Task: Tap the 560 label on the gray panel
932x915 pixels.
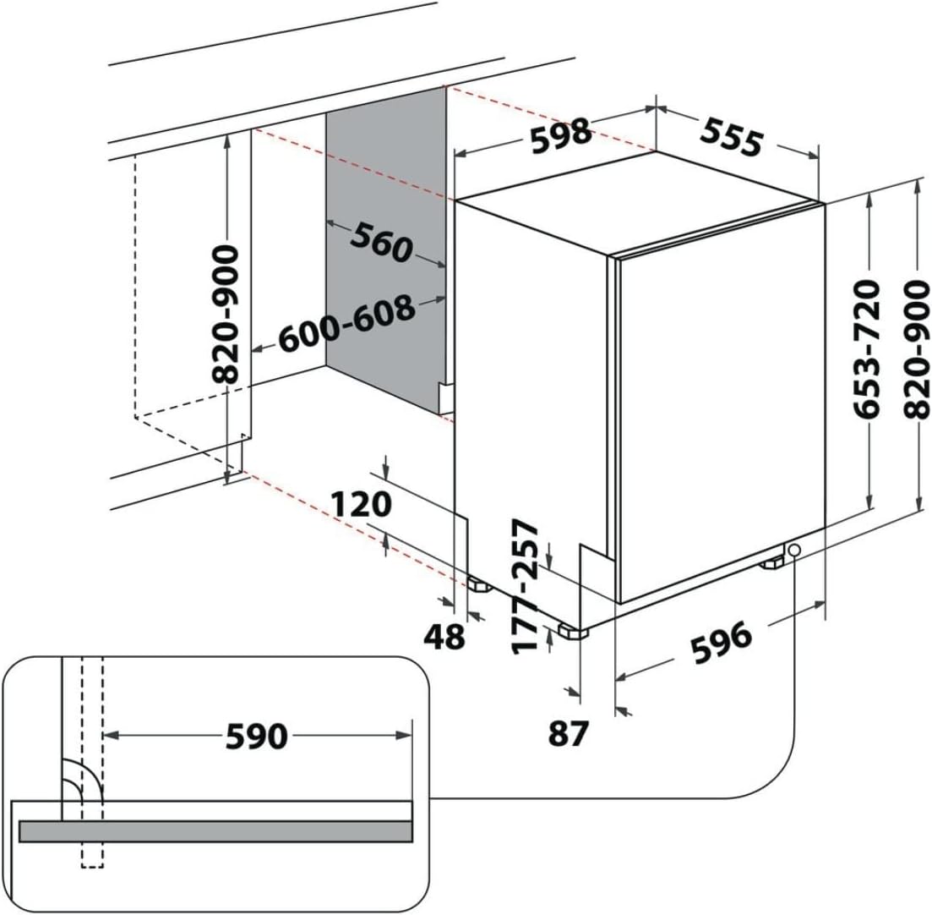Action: [382, 242]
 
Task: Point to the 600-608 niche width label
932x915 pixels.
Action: [346, 325]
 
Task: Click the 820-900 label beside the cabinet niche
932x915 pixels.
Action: [226, 315]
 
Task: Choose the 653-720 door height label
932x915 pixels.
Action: [868, 348]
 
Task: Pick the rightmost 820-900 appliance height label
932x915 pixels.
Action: [917, 348]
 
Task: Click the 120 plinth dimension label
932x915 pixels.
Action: [361, 505]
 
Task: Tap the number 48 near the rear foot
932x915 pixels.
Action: [444, 636]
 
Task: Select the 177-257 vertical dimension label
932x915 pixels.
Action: [527, 586]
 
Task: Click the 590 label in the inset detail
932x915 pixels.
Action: [257, 737]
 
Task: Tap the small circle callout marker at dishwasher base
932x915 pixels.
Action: [794, 551]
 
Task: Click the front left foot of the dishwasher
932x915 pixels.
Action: [572, 631]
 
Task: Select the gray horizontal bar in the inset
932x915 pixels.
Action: [215, 831]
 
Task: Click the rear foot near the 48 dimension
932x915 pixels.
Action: [479, 584]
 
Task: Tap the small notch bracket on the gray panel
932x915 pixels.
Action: [446, 396]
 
